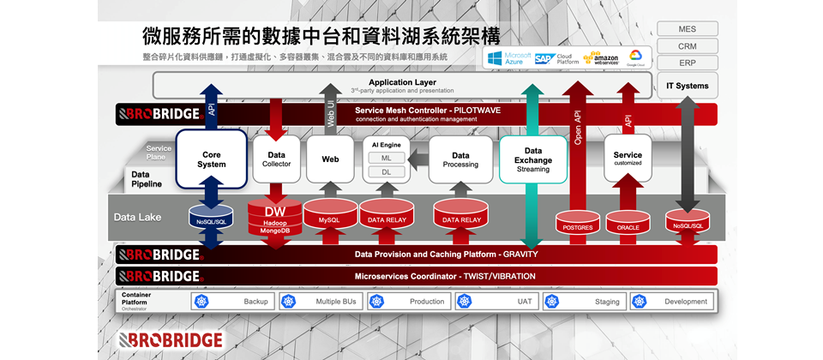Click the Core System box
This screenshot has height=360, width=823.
click(x=211, y=159)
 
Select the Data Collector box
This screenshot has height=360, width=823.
click(x=276, y=159)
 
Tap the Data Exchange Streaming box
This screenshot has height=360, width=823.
click(x=532, y=159)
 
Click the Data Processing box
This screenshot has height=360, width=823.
click(x=460, y=159)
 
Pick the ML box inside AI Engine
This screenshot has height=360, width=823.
click(x=386, y=158)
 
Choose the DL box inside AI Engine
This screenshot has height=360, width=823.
click(x=386, y=172)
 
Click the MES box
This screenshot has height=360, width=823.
click(x=687, y=29)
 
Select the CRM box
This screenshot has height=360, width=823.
click(x=687, y=46)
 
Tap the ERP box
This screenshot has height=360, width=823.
click(x=687, y=63)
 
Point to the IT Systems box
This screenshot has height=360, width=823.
click(x=687, y=86)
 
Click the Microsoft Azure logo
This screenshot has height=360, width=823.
click(x=508, y=57)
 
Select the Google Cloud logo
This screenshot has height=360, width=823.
click(x=636, y=57)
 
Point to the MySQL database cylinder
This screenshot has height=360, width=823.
click(x=329, y=215)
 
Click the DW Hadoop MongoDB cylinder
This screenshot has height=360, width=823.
click(x=275, y=219)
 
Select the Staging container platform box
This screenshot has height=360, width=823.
click(x=583, y=301)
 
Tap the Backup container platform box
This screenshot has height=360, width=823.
click(x=231, y=301)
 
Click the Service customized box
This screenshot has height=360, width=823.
click(x=628, y=159)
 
